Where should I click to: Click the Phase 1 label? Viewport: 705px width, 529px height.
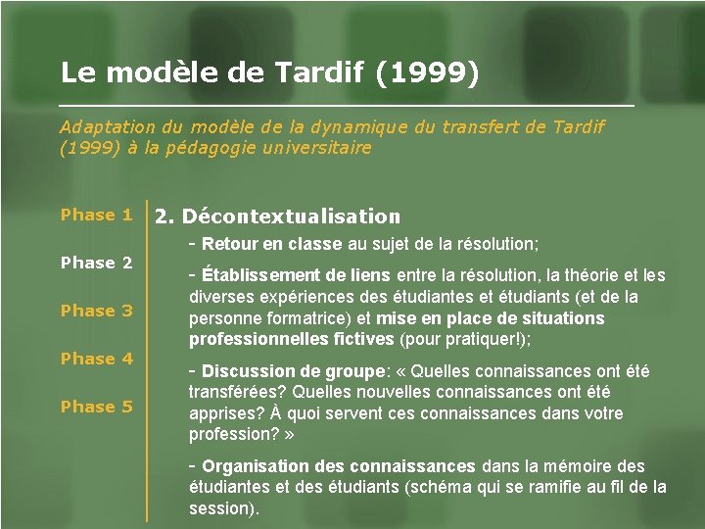click(96, 215)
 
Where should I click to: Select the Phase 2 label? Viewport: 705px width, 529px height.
click(96, 263)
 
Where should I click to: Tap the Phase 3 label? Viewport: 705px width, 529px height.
click(96, 311)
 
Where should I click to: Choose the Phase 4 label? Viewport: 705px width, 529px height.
click(96, 359)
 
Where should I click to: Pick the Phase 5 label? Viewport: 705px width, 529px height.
click(96, 407)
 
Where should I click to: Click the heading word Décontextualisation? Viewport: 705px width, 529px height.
click(292, 216)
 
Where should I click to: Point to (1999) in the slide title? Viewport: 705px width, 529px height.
click(428, 72)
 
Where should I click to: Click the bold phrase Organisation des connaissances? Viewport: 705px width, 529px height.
click(339, 466)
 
